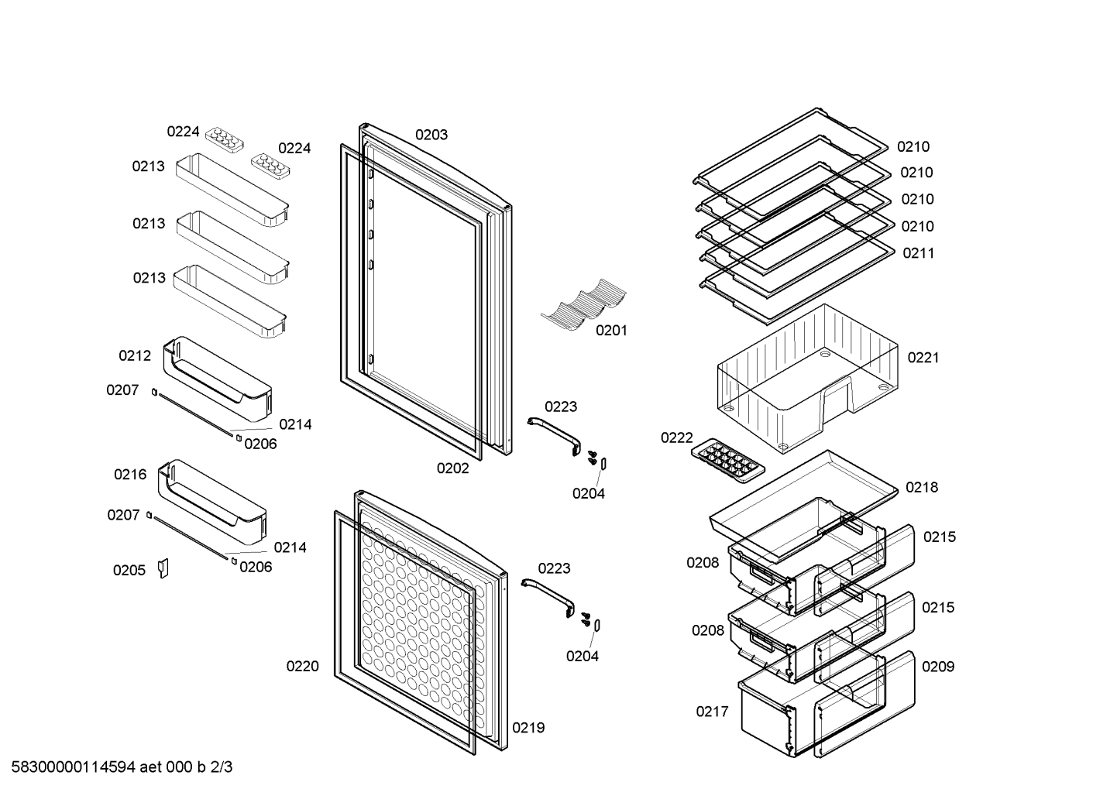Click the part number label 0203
coord(431,135)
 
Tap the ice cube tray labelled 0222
coord(728,461)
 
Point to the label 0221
coord(923,358)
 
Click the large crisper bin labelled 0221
coord(807,379)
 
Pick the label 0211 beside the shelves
coord(919,253)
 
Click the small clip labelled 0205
coord(163,568)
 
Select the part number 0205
coord(129,570)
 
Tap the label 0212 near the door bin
coord(135,355)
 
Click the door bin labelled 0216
coord(212,502)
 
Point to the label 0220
coord(302,666)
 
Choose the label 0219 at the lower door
coord(528,728)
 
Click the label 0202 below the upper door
coord(453,468)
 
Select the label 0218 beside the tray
coord(922,487)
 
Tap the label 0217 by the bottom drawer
coord(713,712)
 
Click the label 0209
coord(938,667)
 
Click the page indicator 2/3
coord(222,767)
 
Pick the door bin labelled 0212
coord(218,379)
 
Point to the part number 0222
coord(677,437)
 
